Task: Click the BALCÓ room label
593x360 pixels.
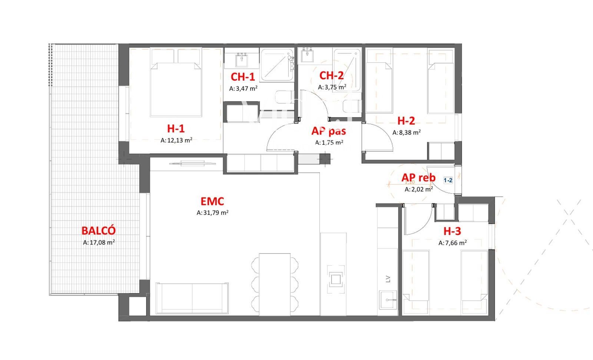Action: pyautogui.click(x=99, y=230)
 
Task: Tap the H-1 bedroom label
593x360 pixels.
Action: pyautogui.click(x=176, y=129)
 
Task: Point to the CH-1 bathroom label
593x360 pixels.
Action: pyautogui.click(x=243, y=77)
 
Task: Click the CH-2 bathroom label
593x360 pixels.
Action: pyautogui.click(x=331, y=76)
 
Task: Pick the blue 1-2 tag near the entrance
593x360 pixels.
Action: pyautogui.click(x=448, y=180)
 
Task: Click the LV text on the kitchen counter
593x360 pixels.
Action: pyautogui.click(x=388, y=279)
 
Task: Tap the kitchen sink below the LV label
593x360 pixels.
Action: pyautogui.click(x=388, y=300)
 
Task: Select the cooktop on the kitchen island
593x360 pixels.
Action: pyautogui.click(x=336, y=279)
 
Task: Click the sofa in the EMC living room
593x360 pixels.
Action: pyautogui.click(x=192, y=299)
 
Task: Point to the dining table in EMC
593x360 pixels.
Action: pyautogui.click(x=275, y=284)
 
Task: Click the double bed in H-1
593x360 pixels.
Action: pyautogui.click(x=176, y=82)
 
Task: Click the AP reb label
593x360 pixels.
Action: pyautogui.click(x=418, y=178)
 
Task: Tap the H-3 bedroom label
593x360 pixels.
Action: pyautogui.click(x=452, y=231)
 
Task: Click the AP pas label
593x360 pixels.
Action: pyautogui.click(x=328, y=131)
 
